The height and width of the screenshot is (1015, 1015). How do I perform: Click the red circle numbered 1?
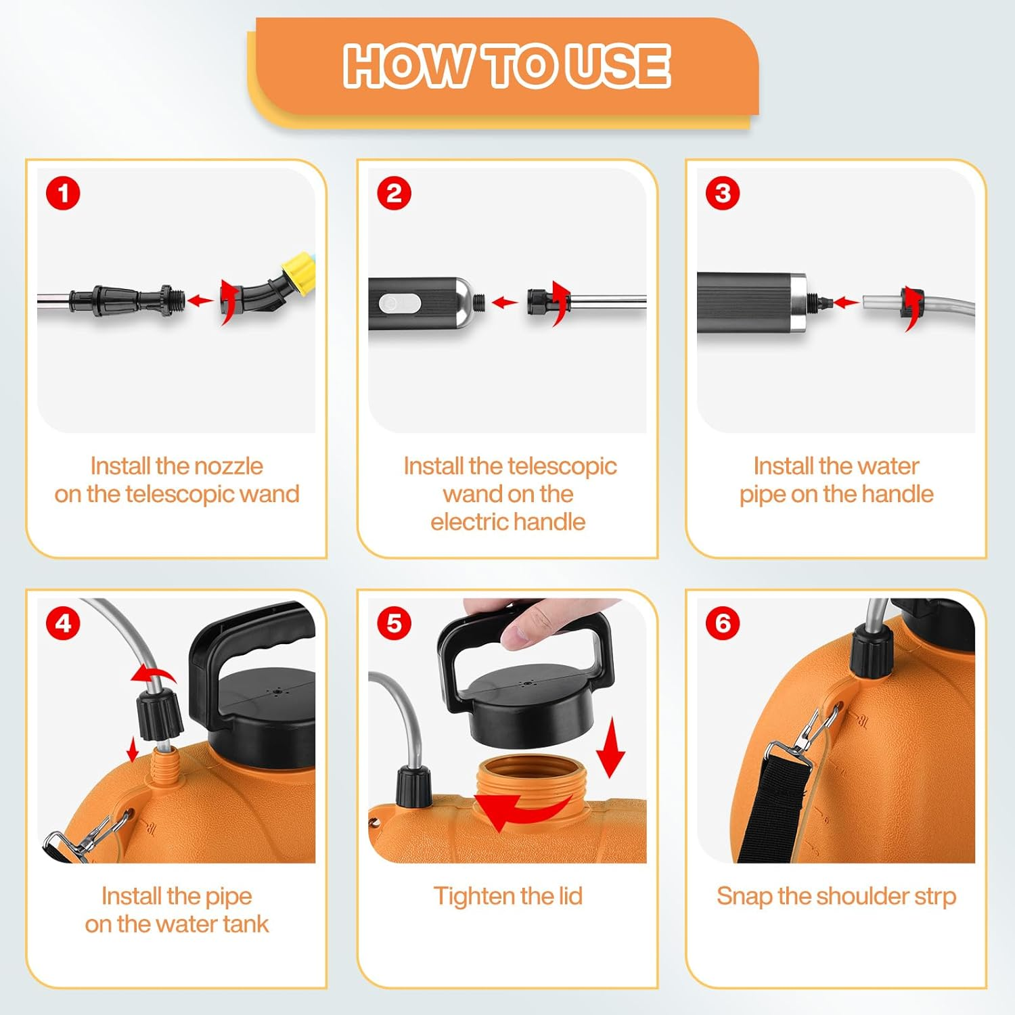63,194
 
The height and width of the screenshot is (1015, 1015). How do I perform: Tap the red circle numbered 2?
394,194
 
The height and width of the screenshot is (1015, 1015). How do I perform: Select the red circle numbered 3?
723,194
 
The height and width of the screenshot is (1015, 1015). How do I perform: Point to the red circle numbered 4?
63,623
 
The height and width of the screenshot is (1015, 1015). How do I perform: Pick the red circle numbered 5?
394,623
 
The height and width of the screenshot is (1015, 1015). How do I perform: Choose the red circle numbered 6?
723,623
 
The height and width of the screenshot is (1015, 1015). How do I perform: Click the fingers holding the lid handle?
535,623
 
